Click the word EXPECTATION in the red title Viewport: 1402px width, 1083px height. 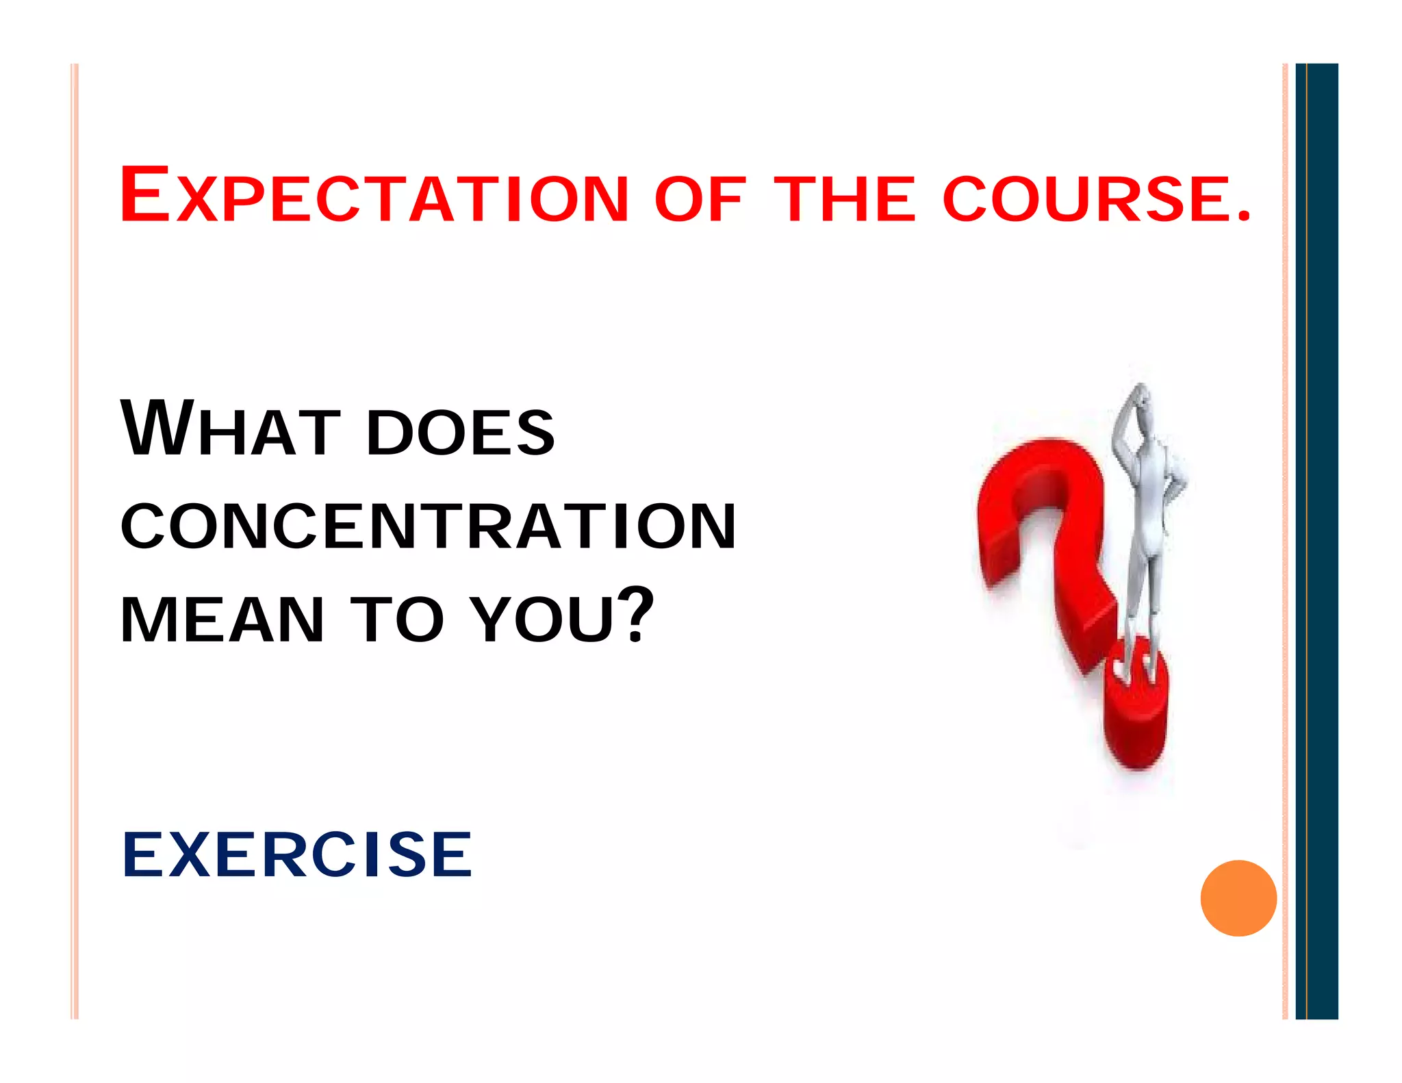pos(373,196)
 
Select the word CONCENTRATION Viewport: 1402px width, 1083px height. pos(428,526)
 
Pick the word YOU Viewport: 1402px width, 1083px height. pos(544,620)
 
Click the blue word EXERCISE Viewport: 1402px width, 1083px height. pos(297,854)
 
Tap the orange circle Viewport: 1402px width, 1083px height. pos(1238,897)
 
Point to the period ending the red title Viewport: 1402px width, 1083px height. pos(1244,218)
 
